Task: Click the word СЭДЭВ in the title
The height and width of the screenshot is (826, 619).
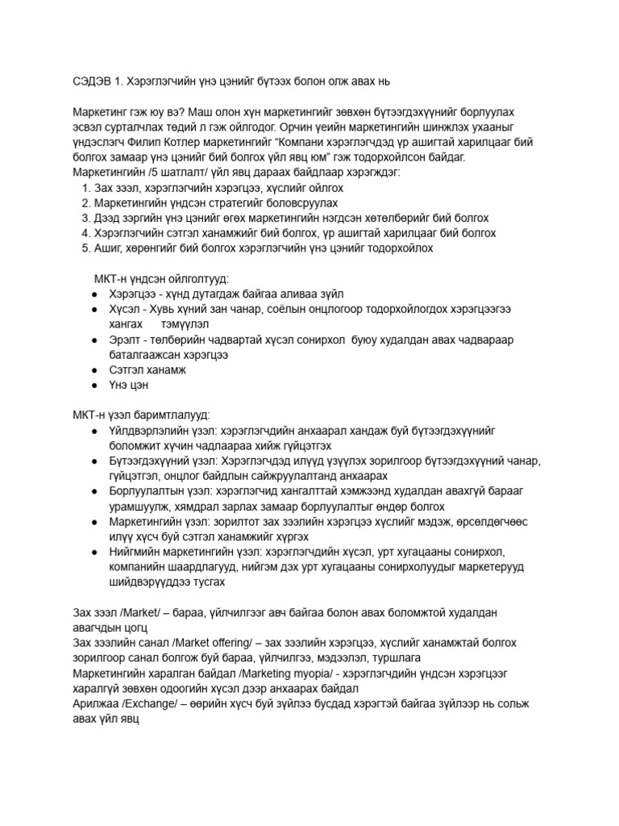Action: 83,81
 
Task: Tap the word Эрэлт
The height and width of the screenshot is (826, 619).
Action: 124,340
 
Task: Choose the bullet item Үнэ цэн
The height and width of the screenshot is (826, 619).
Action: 129,386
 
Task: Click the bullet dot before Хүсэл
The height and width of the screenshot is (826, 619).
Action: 96,310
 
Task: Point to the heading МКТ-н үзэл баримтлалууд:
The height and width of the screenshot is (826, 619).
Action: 141,415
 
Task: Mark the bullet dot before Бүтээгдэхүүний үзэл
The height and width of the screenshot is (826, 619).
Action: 96,461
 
